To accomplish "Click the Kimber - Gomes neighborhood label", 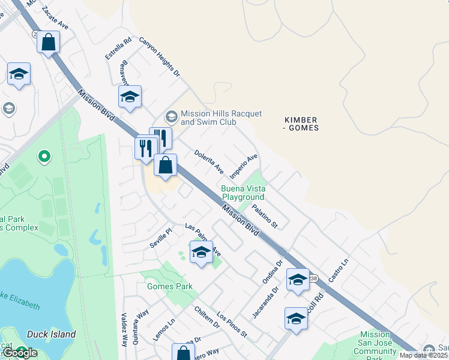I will tap(301, 124).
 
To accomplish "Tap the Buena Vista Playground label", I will tap(243, 192).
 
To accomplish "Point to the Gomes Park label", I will tap(170, 286).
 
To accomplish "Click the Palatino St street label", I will tap(265, 216).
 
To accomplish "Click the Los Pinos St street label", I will tap(232, 325).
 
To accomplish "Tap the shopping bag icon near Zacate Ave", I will tap(48, 43).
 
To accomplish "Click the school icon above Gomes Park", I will tap(201, 252).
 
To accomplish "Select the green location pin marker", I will tap(44, 157).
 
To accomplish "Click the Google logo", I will tap(19, 353).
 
